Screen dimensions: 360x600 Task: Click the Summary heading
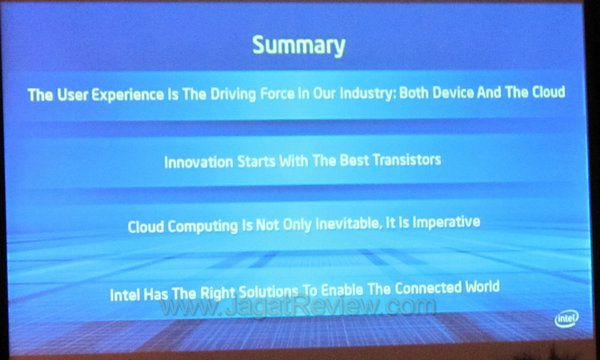click(298, 45)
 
